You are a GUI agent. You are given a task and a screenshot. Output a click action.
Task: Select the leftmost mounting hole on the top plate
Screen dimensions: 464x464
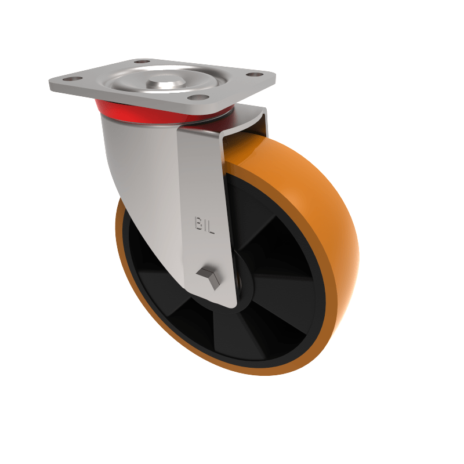coord(70,79)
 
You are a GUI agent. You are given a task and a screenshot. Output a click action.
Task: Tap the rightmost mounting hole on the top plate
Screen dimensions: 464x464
coord(253,74)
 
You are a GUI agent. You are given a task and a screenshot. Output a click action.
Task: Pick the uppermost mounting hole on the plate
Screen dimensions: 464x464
coord(141,61)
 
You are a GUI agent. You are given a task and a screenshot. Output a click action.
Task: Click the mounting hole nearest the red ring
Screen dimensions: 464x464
coord(197,97)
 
